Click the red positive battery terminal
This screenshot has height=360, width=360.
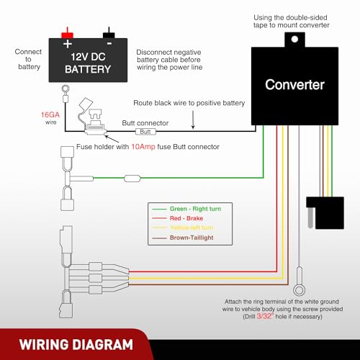point(68,34)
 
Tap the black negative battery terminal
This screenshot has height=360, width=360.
point(109,34)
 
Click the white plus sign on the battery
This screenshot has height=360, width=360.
point(68,44)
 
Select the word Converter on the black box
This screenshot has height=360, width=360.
point(294,85)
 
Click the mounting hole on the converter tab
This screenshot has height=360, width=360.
point(294,39)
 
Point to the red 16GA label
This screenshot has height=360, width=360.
point(50,114)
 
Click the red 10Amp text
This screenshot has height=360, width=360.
point(143,147)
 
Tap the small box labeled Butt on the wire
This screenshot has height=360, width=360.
point(145,132)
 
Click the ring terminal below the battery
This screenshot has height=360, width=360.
point(66,89)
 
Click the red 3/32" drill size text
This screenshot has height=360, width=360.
point(265,316)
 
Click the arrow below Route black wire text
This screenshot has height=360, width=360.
point(193,120)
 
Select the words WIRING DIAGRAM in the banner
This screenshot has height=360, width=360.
point(76,345)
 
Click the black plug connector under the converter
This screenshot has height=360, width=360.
point(325,212)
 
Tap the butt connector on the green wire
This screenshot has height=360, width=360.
point(132,179)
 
